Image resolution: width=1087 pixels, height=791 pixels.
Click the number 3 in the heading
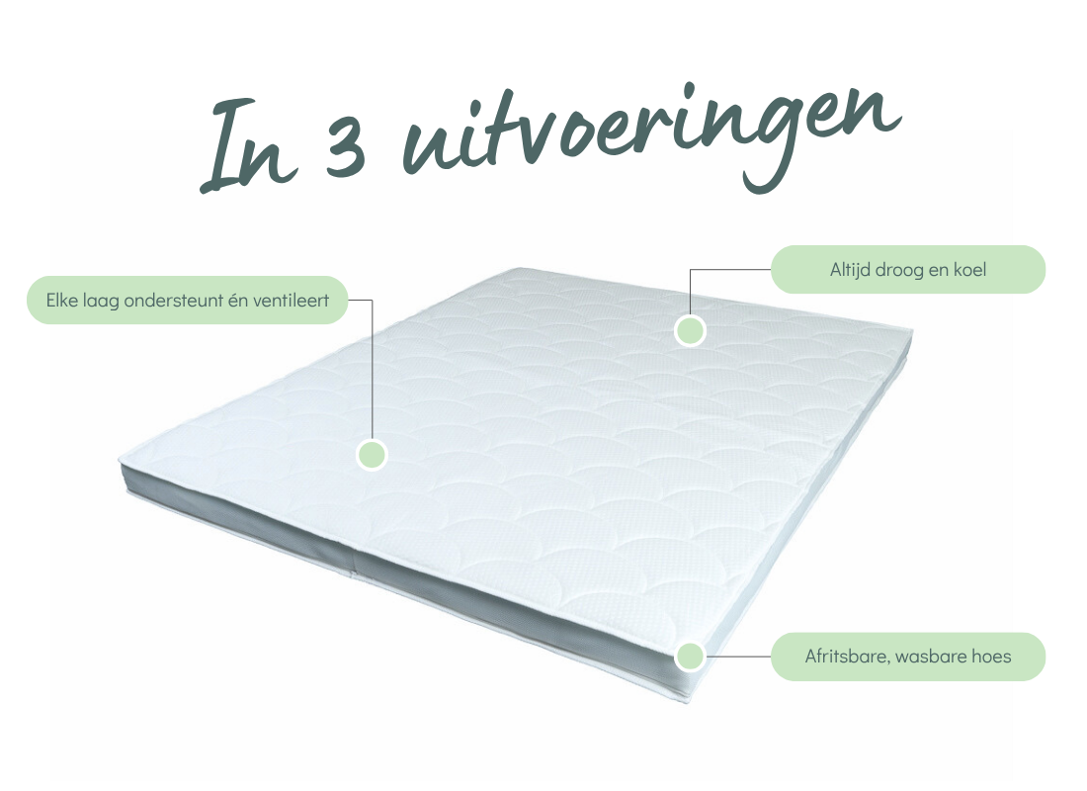[344, 147]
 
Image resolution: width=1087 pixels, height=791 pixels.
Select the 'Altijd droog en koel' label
[907, 269]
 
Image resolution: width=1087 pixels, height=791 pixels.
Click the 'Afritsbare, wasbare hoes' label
[907, 657]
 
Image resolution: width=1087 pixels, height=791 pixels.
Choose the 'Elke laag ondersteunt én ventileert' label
[187, 300]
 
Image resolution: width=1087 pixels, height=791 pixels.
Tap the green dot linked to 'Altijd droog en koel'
[690, 330]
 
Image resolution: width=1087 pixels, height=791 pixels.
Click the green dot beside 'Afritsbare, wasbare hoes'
[690, 656]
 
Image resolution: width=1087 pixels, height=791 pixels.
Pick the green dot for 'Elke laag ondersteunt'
[372, 455]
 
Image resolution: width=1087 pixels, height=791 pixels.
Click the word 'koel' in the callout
[969, 269]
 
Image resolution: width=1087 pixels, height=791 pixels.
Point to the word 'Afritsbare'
[848, 657]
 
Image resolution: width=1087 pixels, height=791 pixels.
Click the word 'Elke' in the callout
[62, 301]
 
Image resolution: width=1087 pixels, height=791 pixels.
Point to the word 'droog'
[899, 271]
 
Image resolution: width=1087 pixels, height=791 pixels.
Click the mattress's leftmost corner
[120, 460]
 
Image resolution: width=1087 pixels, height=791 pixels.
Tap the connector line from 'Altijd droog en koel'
[714, 269]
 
